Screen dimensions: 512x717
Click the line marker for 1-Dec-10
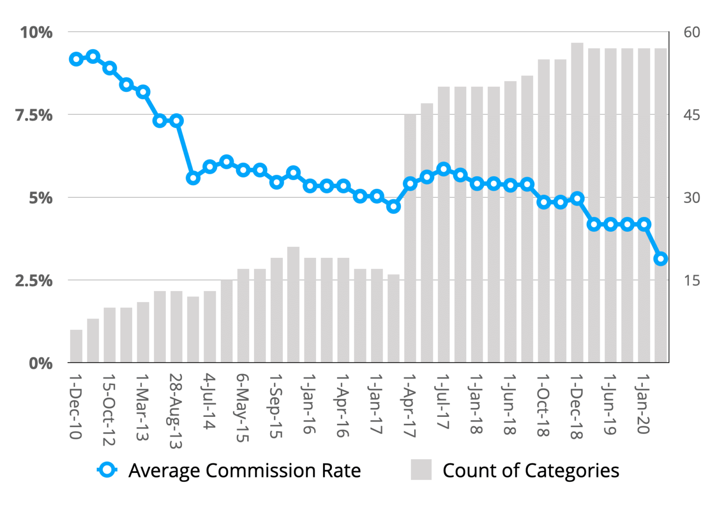tap(76, 59)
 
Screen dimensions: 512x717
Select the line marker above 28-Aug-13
tap(176, 121)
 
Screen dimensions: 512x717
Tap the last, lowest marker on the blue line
tap(661, 258)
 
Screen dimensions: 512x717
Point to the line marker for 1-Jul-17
tap(443, 169)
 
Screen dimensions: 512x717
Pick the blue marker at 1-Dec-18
tap(577, 199)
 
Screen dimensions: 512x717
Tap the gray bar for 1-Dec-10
tap(76, 346)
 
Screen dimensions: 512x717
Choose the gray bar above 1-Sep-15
tap(277, 310)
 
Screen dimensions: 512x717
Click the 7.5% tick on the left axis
tap(34, 115)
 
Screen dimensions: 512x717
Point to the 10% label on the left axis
tap(36, 32)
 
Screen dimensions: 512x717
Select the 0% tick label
tap(41, 363)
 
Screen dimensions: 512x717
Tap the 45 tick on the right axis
tap(691, 115)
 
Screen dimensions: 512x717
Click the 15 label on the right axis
tap(691, 280)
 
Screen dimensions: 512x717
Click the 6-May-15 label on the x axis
tap(243, 408)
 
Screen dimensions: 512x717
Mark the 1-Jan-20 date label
tap(644, 404)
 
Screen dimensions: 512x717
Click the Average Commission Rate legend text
tap(245, 470)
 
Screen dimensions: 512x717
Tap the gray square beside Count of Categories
tap(421, 470)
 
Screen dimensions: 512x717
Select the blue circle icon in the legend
tap(107, 470)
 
